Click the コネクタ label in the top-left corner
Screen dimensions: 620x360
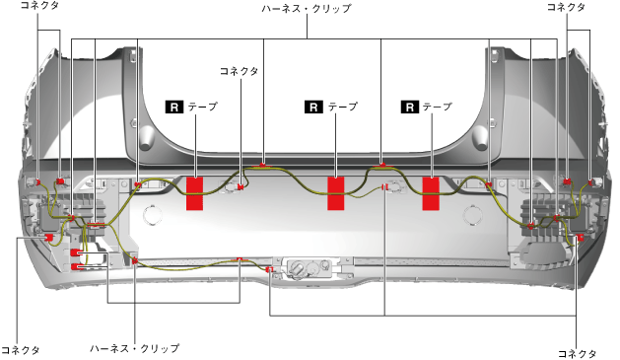click(x=39, y=6)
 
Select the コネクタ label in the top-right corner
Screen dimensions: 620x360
click(x=566, y=7)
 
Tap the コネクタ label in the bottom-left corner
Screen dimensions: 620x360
click(x=21, y=350)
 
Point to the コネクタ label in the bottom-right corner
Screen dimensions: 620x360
click(x=577, y=353)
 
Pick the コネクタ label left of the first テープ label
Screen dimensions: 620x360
click(x=239, y=71)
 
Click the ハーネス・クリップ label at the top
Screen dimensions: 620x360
click(x=307, y=8)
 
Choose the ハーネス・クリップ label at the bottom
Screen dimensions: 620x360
click(x=134, y=348)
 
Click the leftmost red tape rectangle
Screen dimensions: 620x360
click(x=194, y=193)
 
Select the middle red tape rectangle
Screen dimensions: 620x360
click(x=336, y=193)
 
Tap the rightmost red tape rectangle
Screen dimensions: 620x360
click(x=431, y=193)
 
